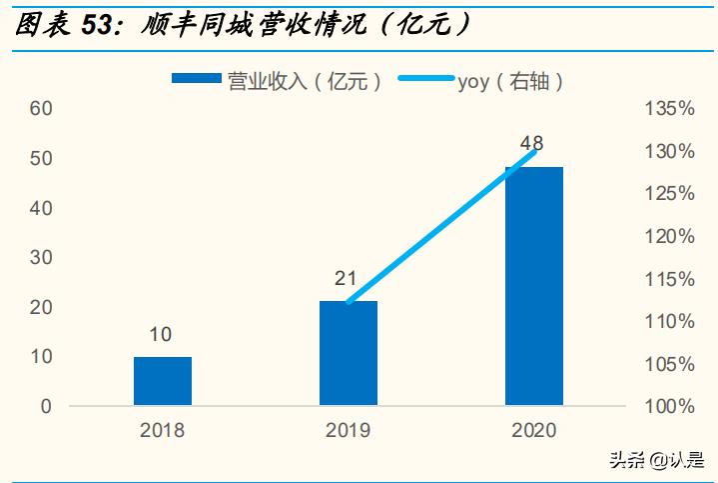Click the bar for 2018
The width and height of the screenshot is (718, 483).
[163, 381]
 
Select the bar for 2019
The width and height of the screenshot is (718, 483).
[349, 353]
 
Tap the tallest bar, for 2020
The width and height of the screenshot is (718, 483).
[534, 286]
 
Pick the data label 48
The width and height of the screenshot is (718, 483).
[532, 144]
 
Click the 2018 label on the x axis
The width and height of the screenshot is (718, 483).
[163, 431]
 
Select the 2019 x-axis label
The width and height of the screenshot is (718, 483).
[348, 431]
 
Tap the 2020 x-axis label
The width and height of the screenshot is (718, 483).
[534, 431]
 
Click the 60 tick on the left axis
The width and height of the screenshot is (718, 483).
[41, 108]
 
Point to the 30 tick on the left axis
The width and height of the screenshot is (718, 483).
[41, 257]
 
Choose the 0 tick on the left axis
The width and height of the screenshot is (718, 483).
[46, 406]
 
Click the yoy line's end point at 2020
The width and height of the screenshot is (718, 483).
[536, 151]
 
